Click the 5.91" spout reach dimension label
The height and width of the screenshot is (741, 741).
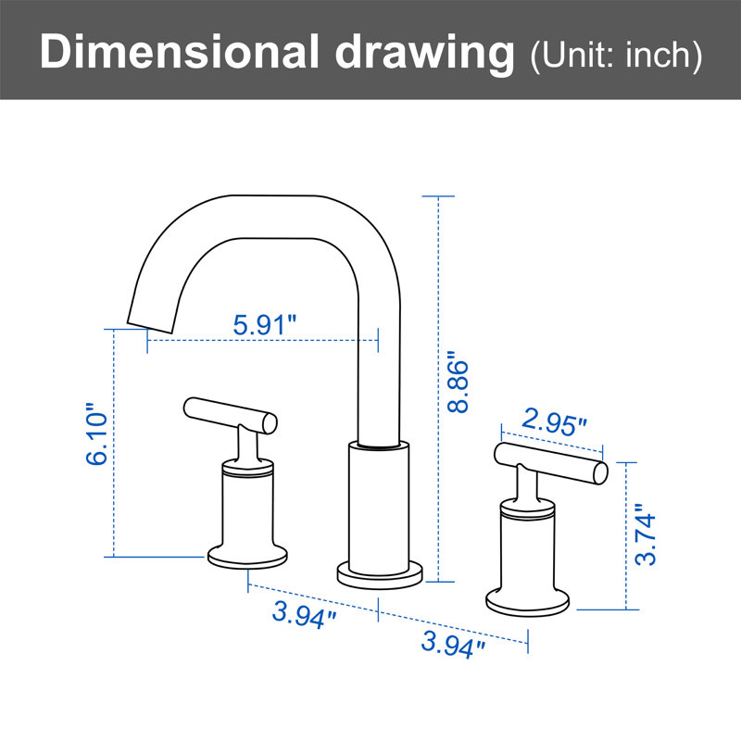point(264,325)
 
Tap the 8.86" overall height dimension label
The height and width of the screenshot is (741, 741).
point(458,382)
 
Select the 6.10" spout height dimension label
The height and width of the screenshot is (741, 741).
point(97,433)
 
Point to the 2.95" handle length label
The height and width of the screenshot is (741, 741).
point(554,422)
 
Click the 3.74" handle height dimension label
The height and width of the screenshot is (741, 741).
point(645,534)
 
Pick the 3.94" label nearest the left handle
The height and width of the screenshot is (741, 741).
point(304,615)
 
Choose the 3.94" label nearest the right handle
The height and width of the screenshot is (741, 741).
point(453,645)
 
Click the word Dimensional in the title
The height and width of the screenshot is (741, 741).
point(180,52)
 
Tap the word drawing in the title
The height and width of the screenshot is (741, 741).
point(424,54)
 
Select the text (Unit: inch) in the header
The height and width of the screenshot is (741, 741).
point(616,56)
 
